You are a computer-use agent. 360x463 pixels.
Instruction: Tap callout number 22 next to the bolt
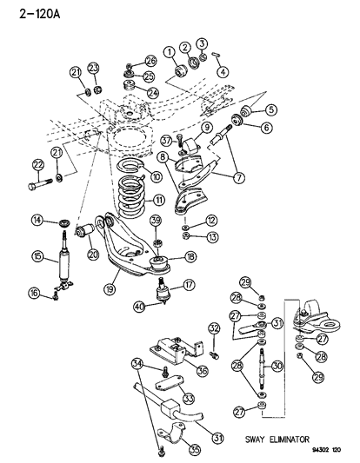click(37, 165)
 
